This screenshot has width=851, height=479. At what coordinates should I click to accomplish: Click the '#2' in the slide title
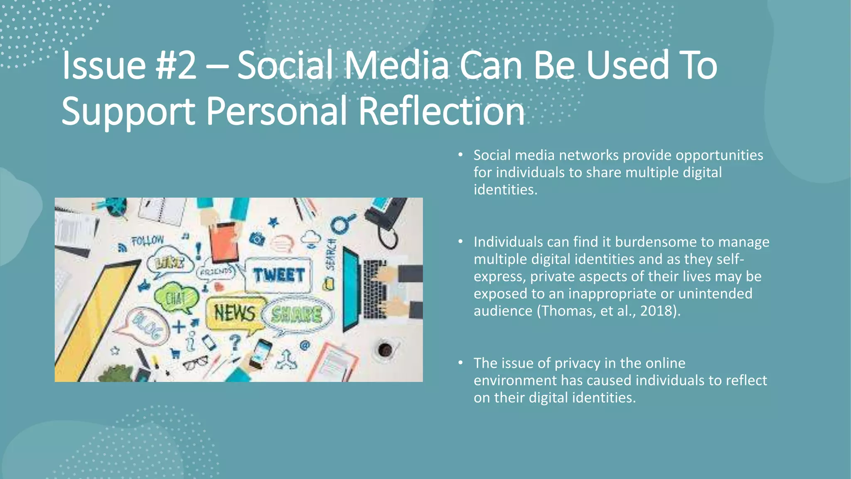click(175, 65)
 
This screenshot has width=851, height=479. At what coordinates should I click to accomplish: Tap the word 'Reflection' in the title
click(441, 111)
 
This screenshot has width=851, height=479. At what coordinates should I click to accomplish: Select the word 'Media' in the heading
click(396, 65)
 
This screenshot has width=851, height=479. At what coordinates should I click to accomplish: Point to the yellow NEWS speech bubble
click(235, 313)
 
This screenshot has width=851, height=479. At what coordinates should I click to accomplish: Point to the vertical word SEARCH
click(331, 254)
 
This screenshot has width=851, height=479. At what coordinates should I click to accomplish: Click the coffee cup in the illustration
click(385, 349)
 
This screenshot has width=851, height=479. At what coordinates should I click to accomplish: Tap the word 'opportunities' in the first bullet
click(719, 156)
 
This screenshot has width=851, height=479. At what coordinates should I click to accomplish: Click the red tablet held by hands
click(224, 241)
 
